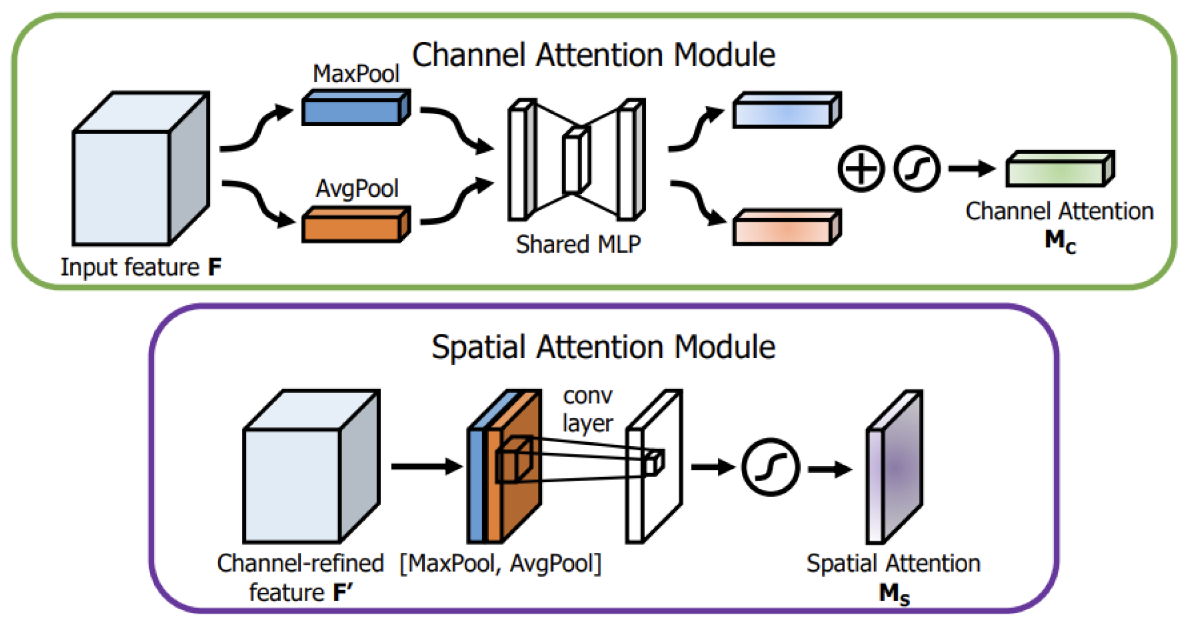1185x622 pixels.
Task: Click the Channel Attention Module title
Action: tap(593, 55)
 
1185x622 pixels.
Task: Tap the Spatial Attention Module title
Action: tap(603, 347)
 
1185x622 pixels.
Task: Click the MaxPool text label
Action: tap(356, 74)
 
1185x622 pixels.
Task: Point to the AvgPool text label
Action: tap(357, 189)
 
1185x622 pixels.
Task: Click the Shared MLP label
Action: tap(578, 244)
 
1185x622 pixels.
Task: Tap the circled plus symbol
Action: tap(861, 169)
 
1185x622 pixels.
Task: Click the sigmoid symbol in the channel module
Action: tap(917, 169)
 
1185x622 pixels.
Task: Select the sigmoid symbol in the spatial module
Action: tap(771, 467)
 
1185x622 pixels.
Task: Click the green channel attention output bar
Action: tap(1060, 169)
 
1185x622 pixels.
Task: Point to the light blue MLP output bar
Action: tap(787, 110)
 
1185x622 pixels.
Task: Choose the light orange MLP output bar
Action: tap(787, 227)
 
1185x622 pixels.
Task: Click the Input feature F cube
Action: tap(141, 169)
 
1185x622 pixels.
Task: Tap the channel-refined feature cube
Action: tap(311, 466)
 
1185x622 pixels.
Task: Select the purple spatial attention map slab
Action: tap(895, 467)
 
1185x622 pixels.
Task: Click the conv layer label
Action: tap(588, 409)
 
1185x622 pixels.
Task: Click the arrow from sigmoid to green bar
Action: tap(972, 169)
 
